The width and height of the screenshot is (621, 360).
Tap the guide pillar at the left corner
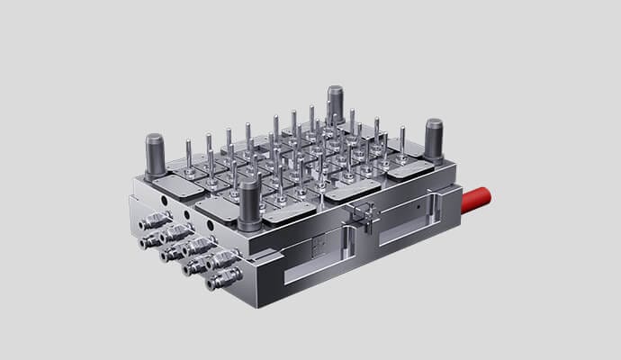pyautogui.click(x=155, y=154)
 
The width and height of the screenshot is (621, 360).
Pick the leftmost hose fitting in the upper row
pyautogui.click(x=155, y=221)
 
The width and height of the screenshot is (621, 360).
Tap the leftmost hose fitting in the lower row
pyautogui.click(x=145, y=240)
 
